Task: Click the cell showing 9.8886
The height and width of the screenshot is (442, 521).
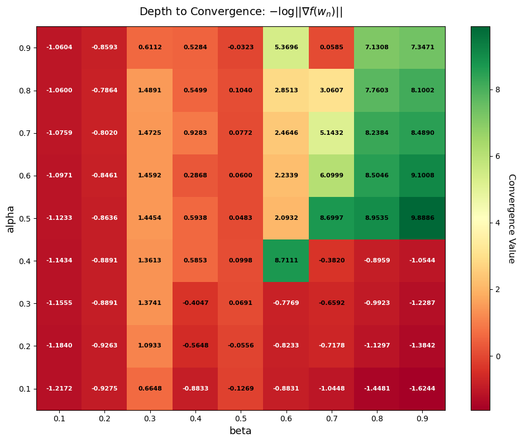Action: click(x=422, y=218)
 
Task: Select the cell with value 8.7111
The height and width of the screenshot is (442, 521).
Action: click(x=286, y=261)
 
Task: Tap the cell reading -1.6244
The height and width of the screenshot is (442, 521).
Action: click(x=422, y=389)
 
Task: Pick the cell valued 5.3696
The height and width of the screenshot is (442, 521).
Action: click(x=286, y=48)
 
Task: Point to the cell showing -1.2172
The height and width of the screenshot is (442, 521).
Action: click(x=59, y=389)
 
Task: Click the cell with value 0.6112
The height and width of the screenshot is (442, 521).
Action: click(x=150, y=48)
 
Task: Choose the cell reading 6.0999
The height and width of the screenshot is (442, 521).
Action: click(x=331, y=176)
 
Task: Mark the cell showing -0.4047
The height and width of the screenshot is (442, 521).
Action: click(x=195, y=303)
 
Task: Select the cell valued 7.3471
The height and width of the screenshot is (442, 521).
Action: click(x=422, y=48)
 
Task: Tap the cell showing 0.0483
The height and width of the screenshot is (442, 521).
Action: click(x=241, y=218)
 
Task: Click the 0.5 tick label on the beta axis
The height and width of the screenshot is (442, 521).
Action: click(x=241, y=419)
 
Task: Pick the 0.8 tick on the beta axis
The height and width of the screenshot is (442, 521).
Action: click(x=377, y=419)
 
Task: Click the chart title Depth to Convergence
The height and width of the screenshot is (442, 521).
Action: click(x=241, y=12)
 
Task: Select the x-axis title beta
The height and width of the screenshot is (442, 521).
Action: click(x=241, y=431)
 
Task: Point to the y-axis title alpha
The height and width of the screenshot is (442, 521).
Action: click(x=10, y=218)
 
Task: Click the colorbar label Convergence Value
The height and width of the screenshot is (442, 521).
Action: click(x=511, y=218)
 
